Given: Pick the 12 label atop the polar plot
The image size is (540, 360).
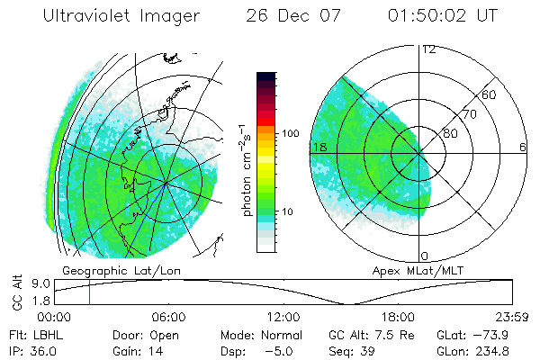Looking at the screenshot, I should tap(428, 49).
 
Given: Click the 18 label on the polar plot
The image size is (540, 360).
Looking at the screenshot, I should tap(319, 146).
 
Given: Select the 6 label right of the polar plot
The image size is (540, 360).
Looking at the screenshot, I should tap(522, 146).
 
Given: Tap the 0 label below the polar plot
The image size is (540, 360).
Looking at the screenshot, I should tap(425, 256).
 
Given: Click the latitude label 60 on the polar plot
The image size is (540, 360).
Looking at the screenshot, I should tap(490, 94).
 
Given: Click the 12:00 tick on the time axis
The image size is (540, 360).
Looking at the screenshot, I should tap(283, 317).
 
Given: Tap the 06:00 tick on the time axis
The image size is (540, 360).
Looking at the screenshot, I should tap(168, 317).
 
